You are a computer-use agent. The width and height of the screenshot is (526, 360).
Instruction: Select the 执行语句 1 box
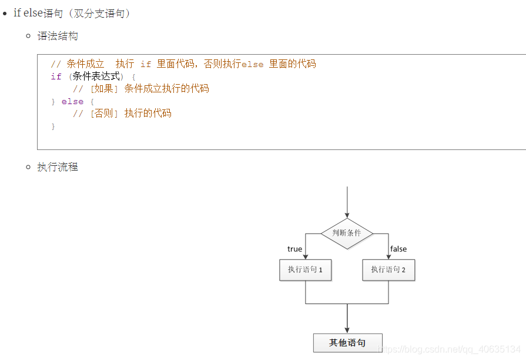(305, 270)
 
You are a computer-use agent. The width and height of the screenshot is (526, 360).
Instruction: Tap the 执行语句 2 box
(388, 270)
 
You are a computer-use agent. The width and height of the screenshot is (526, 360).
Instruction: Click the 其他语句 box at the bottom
(347, 342)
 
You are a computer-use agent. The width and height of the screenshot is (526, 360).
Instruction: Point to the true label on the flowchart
(294, 249)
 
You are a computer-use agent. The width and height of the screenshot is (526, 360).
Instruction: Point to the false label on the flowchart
(398, 249)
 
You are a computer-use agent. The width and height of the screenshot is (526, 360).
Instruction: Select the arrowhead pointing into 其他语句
(347, 329)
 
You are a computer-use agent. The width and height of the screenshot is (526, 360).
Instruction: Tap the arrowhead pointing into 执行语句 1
(306, 256)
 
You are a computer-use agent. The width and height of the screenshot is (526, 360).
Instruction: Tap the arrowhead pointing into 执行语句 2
(388, 256)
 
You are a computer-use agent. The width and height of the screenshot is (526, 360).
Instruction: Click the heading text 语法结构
(58, 36)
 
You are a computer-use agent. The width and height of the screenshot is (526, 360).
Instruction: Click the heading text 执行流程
(58, 167)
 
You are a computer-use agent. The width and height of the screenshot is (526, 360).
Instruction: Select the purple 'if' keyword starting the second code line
(56, 76)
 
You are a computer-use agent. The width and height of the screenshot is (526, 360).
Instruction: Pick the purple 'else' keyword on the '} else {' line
(72, 101)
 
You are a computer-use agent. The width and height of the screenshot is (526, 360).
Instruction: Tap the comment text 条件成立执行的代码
(166, 89)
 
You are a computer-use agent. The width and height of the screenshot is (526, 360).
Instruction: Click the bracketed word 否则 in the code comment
(103, 114)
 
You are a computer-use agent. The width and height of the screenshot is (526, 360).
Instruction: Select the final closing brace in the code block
(53, 126)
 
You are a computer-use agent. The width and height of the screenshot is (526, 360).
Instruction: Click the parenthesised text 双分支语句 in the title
(99, 14)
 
